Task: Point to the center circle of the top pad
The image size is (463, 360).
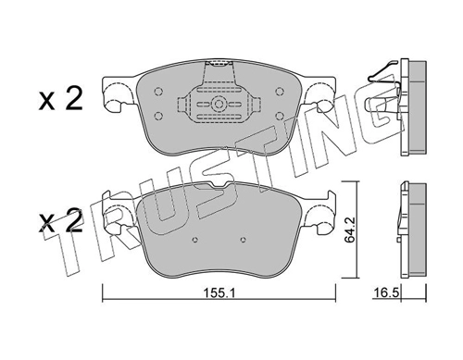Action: [219, 105]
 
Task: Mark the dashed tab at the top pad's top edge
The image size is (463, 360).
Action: [219, 65]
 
